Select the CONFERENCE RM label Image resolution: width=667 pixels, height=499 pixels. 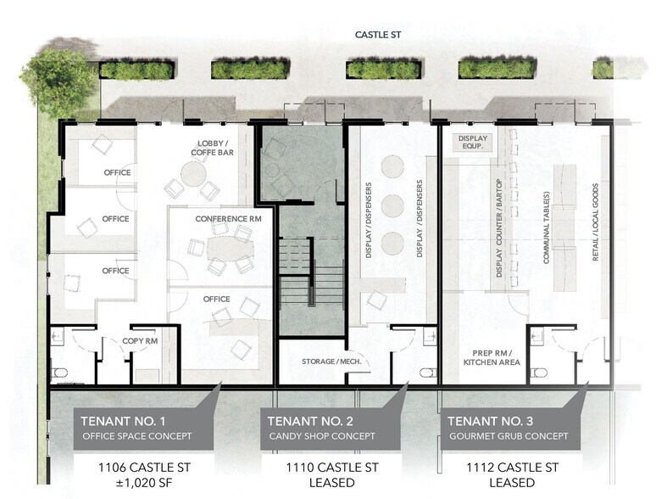(x=228, y=218)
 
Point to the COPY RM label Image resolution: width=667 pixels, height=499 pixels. (x=141, y=341)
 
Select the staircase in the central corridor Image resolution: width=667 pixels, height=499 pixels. (x=311, y=272)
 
